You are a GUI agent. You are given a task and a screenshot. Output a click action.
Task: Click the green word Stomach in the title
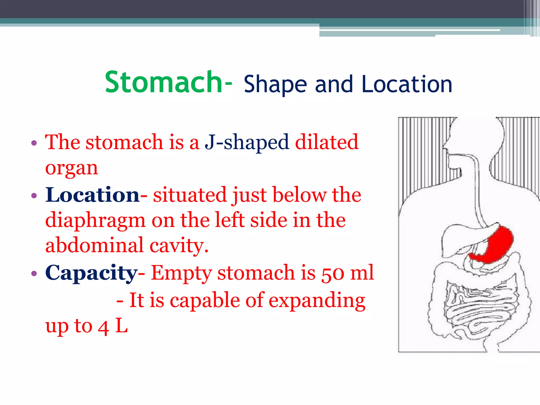(163, 82)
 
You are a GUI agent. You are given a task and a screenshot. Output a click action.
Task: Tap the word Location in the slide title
(407, 84)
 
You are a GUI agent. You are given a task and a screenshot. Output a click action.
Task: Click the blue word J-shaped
(247, 142)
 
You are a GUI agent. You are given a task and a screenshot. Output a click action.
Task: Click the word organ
(71, 168)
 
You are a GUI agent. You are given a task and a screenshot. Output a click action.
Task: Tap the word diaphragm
(95, 220)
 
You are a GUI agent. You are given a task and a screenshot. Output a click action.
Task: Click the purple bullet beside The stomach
(34, 143)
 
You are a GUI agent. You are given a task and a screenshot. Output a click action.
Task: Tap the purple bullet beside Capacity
(34, 273)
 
